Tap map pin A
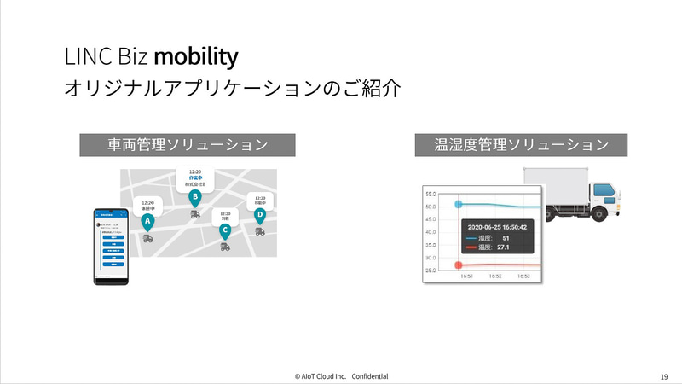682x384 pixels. pyautogui.click(x=147, y=222)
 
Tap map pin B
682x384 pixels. pyautogui.click(x=195, y=197)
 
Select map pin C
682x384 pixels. pyautogui.click(x=225, y=229)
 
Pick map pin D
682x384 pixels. pyautogui.click(x=259, y=214)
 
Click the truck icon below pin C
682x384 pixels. pyautogui.click(x=225, y=247)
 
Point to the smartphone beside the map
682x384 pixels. pyautogui.click(x=113, y=247)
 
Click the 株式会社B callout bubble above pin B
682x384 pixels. pyautogui.click(x=195, y=177)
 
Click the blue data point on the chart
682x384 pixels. pyautogui.click(x=459, y=205)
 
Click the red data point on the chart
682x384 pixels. pyautogui.click(x=459, y=265)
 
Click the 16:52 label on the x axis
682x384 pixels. pyautogui.click(x=495, y=276)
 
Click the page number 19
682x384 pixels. pyautogui.click(x=663, y=375)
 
